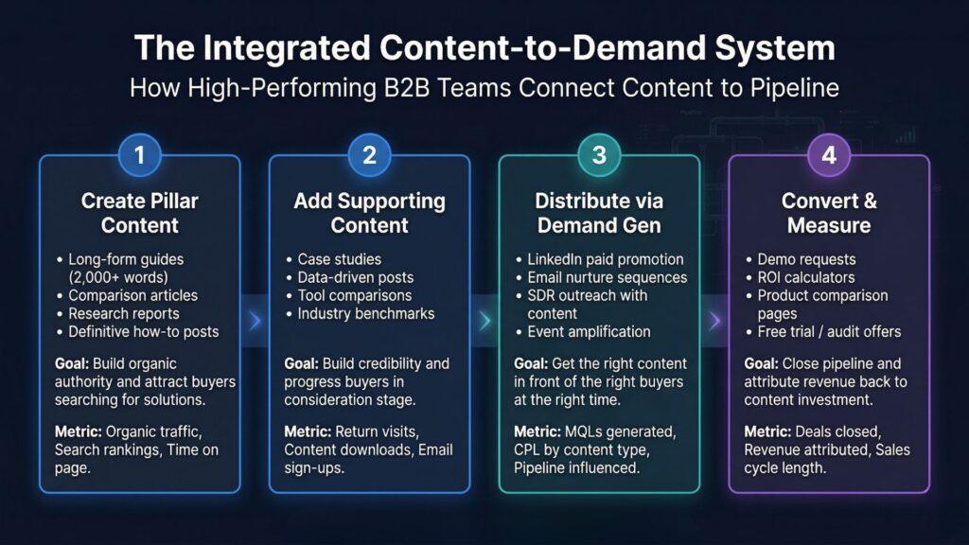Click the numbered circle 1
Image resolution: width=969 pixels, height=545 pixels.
pos(140,155)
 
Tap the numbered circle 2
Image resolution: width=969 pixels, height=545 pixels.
pos(370,155)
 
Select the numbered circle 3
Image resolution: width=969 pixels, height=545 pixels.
pos(599,155)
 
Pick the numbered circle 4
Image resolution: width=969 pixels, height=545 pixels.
pos(829,155)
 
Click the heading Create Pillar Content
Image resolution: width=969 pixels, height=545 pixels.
pos(140,213)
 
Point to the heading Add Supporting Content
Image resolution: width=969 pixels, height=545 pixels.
pos(370,213)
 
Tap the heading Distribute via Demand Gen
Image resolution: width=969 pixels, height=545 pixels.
pos(599,213)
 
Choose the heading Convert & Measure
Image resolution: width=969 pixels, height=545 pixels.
pos(829,213)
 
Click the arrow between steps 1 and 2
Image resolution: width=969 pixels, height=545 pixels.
pos(255,323)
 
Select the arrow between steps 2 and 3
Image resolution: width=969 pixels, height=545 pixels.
pos(484,323)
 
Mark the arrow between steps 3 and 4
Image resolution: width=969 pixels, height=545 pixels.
pos(714,323)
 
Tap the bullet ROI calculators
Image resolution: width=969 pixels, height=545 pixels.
pos(806,277)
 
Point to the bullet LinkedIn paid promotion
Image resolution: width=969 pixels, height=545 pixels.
pos(605,259)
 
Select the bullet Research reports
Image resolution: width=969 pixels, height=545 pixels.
pos(123,313)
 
